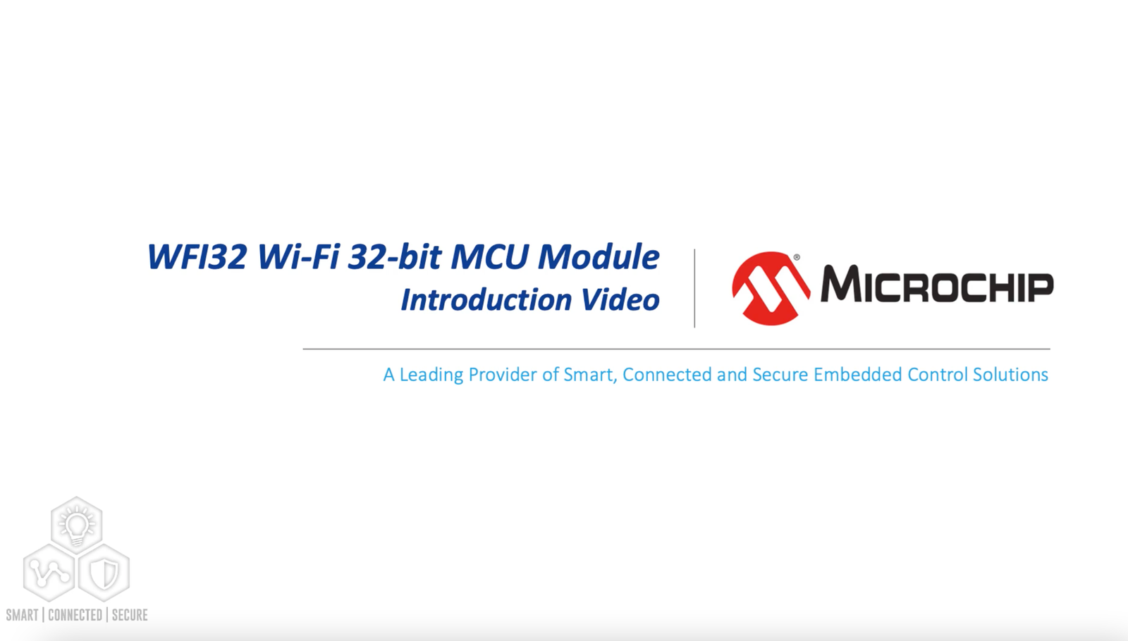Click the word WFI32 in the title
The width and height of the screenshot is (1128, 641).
click(x=197, y=256)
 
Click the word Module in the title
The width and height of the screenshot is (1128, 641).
click(x=599, y=256)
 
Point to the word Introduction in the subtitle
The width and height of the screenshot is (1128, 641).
click(x=486, y=300)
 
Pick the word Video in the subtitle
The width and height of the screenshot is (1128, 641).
click(x=620, y=300)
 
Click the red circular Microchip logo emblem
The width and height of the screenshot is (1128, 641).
click(x=771, y=288)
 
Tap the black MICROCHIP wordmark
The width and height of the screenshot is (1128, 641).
click(x=937, y=285)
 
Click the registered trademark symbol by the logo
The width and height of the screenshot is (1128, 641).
click(x=797, y=258)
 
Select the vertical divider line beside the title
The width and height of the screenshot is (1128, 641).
click(x=694, y=288)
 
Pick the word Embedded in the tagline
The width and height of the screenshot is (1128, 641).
click(x=857, y=375)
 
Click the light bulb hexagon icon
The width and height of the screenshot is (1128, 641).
click(x=77, y=525)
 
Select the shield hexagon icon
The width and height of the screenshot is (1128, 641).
click(x=103, y=573)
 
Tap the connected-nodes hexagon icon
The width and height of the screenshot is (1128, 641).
click(x=49, y=573)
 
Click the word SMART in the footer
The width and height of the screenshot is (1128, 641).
click(x=22, y=615)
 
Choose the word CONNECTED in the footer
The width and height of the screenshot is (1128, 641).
click(x=75, y=615)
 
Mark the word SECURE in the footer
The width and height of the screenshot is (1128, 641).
click(x=130, y=615)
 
